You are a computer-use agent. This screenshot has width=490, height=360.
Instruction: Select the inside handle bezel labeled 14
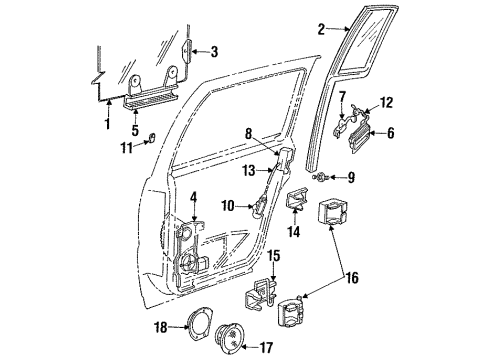click(297, 204)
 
